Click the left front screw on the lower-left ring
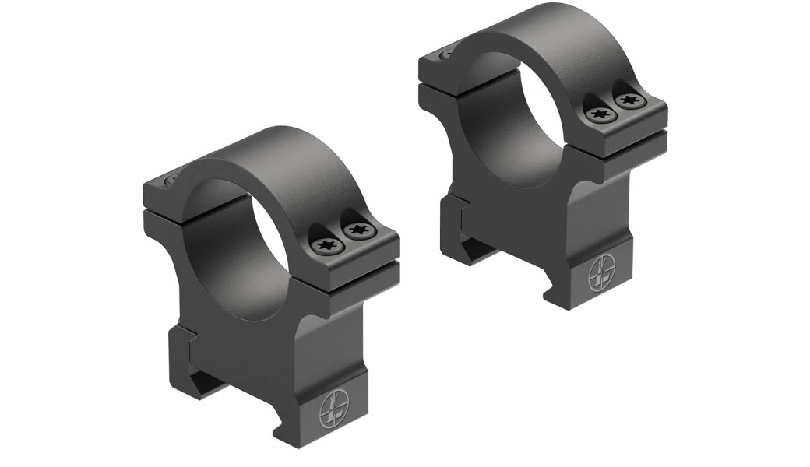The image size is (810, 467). click(324, 246)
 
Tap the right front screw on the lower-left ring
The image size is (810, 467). click(357, 230)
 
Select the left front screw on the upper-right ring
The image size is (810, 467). click(599, 115)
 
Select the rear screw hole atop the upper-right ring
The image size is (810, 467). click(445, 55)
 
